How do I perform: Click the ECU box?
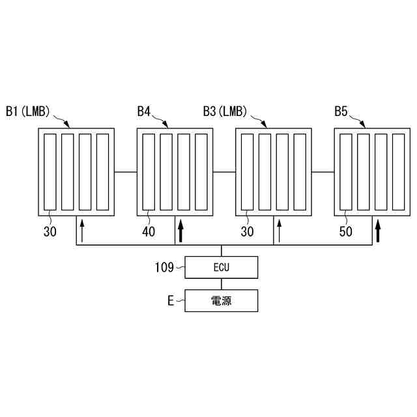point(222,267)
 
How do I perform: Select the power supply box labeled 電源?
point(222,301)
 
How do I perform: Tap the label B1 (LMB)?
point(27,111)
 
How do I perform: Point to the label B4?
point(144,111)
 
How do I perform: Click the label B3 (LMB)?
point(225,111)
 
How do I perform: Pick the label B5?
point(341,111)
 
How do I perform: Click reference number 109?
point(164,267)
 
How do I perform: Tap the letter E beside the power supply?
point(170,301)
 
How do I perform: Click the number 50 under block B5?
point(347,231)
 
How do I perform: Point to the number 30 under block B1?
point(50,231)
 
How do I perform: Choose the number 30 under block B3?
point(248,231)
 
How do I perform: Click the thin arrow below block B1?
point(82,231)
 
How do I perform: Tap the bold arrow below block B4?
point(180,231)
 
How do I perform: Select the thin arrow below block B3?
point(280,231)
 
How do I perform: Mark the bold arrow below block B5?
point(378,231)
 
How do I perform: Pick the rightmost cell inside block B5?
point(398,171)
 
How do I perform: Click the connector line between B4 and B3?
point(223,172)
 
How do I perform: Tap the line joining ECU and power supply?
point(222,284)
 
